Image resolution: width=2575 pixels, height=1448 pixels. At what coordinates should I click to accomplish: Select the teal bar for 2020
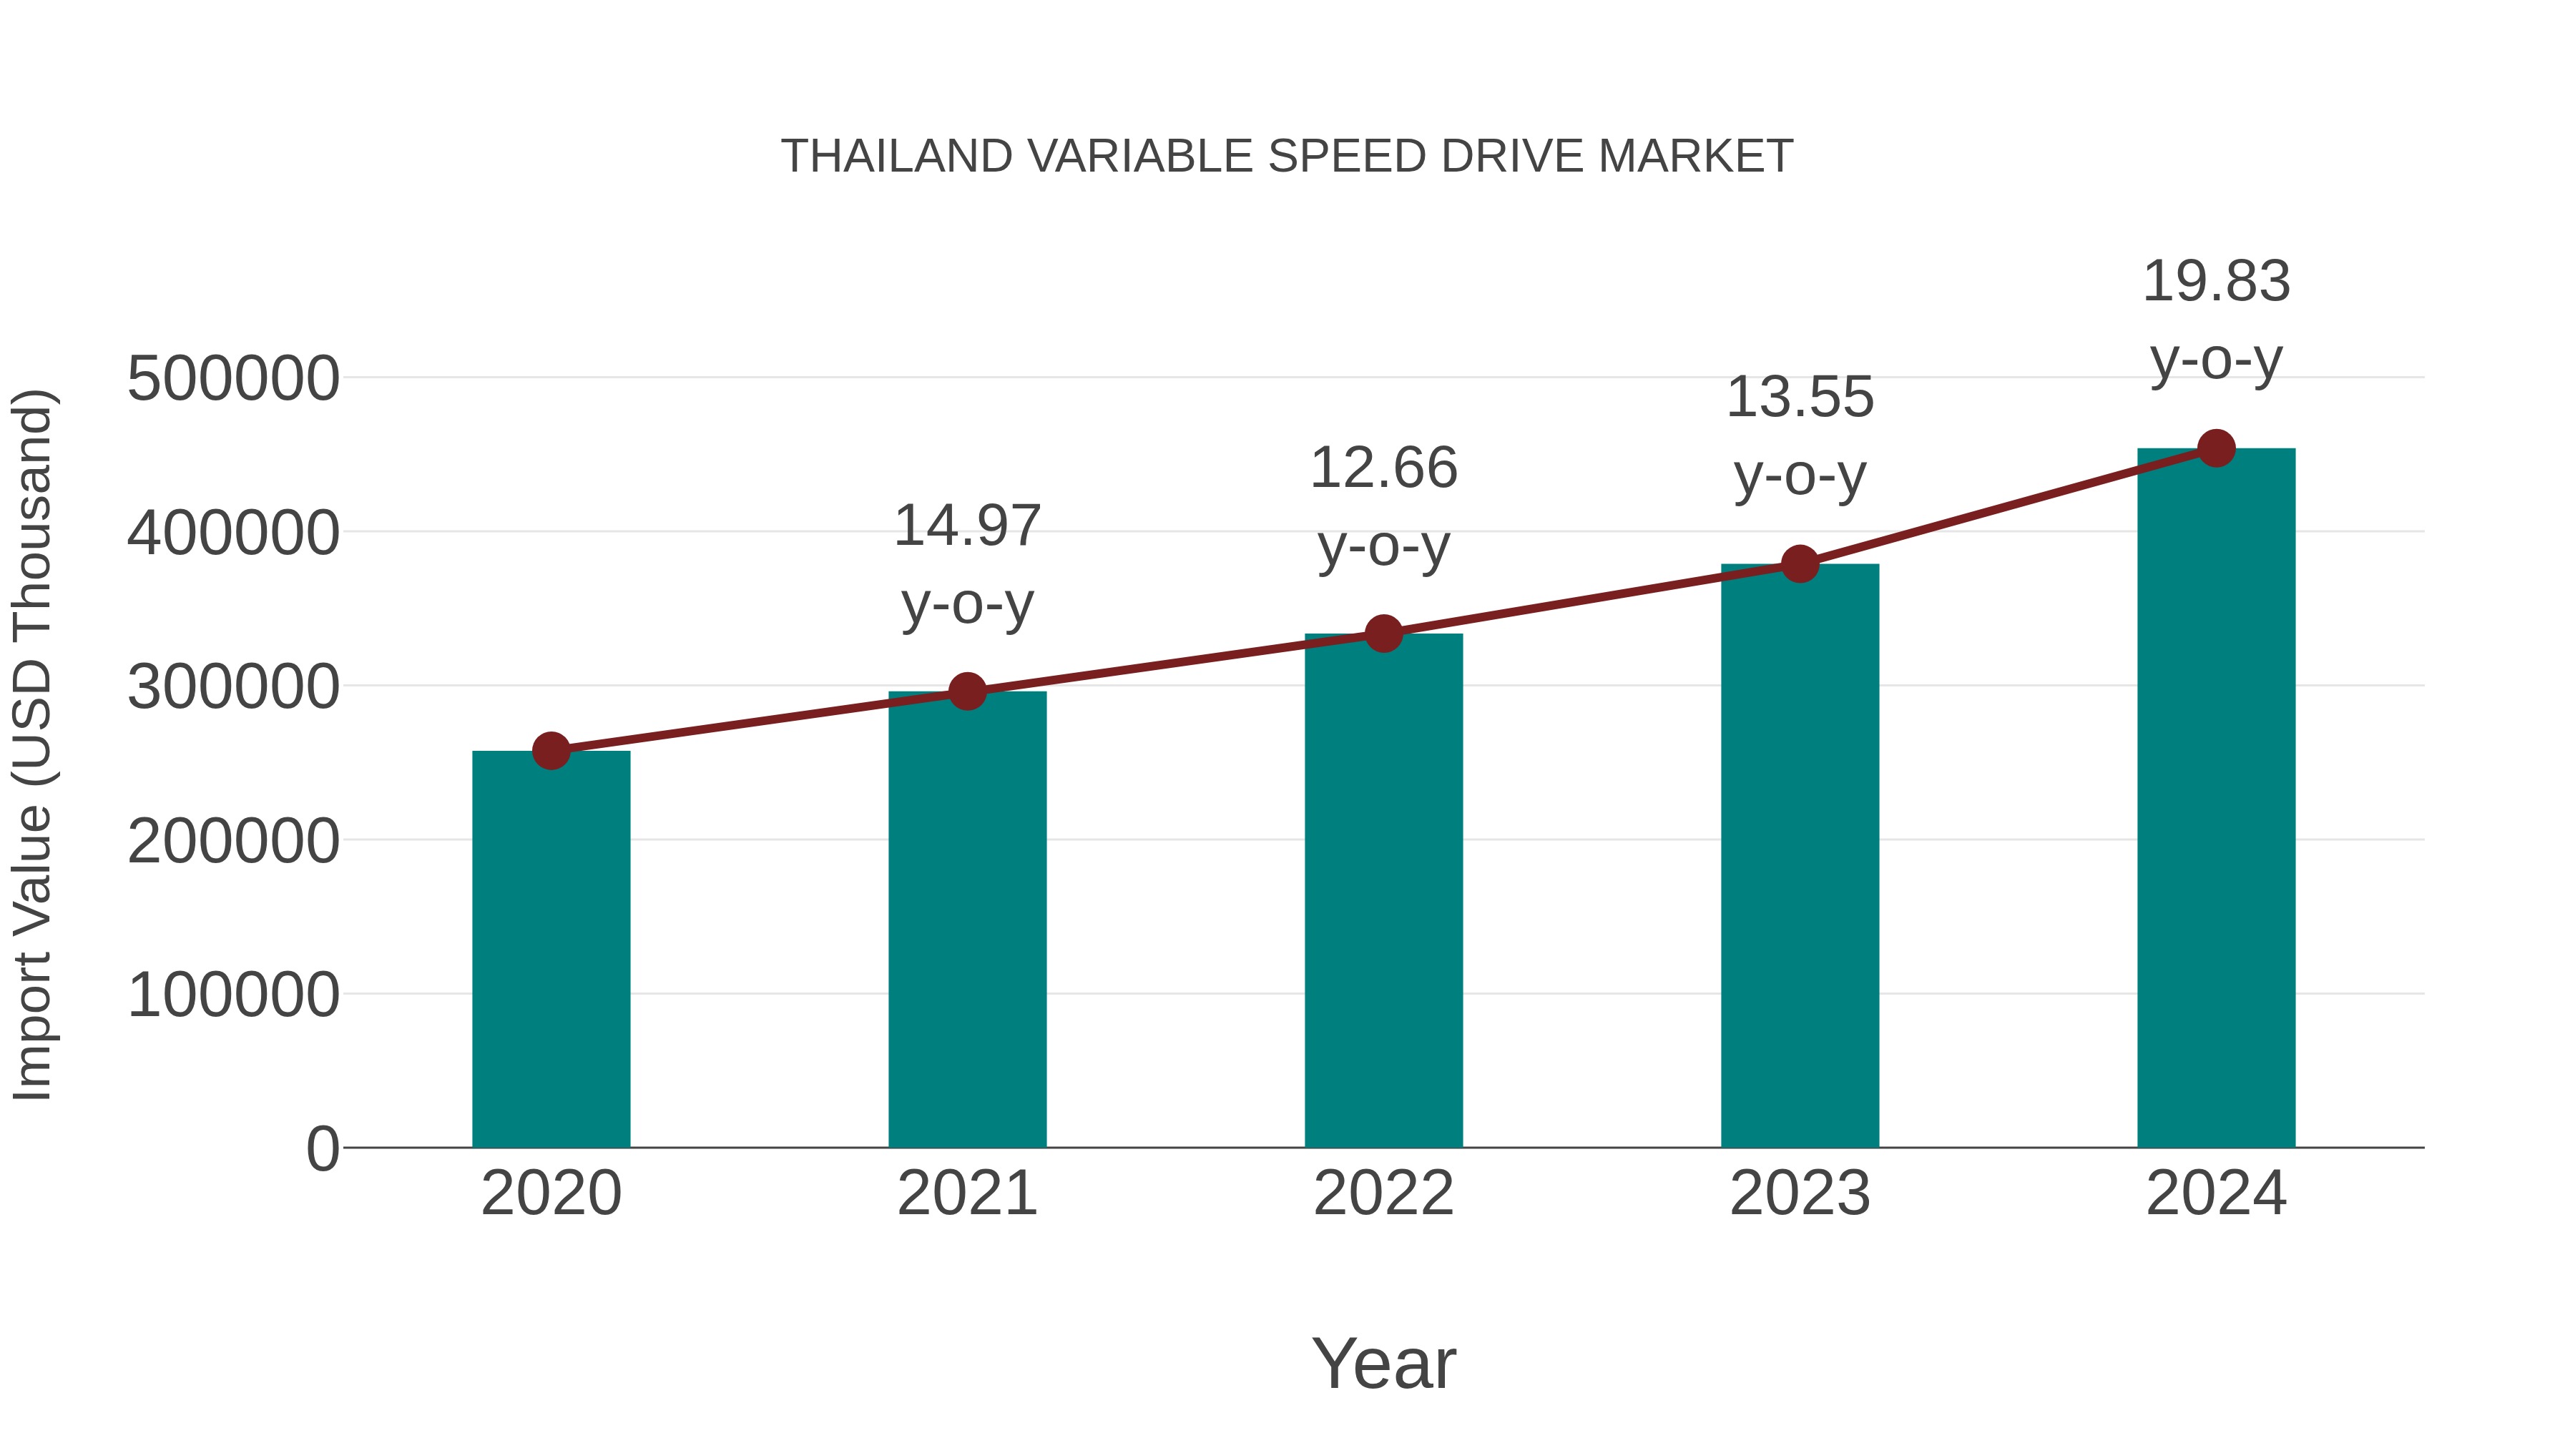(x=551, y=950)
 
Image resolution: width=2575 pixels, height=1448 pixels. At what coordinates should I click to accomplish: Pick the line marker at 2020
(x=551, y=751)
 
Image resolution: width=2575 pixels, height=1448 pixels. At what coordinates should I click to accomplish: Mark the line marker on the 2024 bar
(x=2216, y=448)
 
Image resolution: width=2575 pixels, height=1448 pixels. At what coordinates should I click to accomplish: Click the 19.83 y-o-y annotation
(x=2216, y=320)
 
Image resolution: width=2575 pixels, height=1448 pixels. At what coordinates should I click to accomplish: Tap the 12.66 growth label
(x=1383, y=507)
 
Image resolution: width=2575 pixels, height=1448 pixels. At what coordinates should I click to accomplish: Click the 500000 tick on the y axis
(x=233, y=380)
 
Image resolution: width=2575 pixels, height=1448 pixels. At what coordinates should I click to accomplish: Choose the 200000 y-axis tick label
(x=233, y=842)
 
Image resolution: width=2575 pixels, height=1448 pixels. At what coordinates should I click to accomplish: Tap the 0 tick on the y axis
(x=322, y=1149)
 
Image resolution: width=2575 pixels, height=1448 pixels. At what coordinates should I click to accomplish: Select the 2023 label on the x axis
(x=1800, y=1193)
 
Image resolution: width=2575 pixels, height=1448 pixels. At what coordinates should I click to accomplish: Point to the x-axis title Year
(x=1383, y=1363)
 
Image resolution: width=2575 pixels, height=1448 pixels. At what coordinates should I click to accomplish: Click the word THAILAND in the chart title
(x=896, y=157)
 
